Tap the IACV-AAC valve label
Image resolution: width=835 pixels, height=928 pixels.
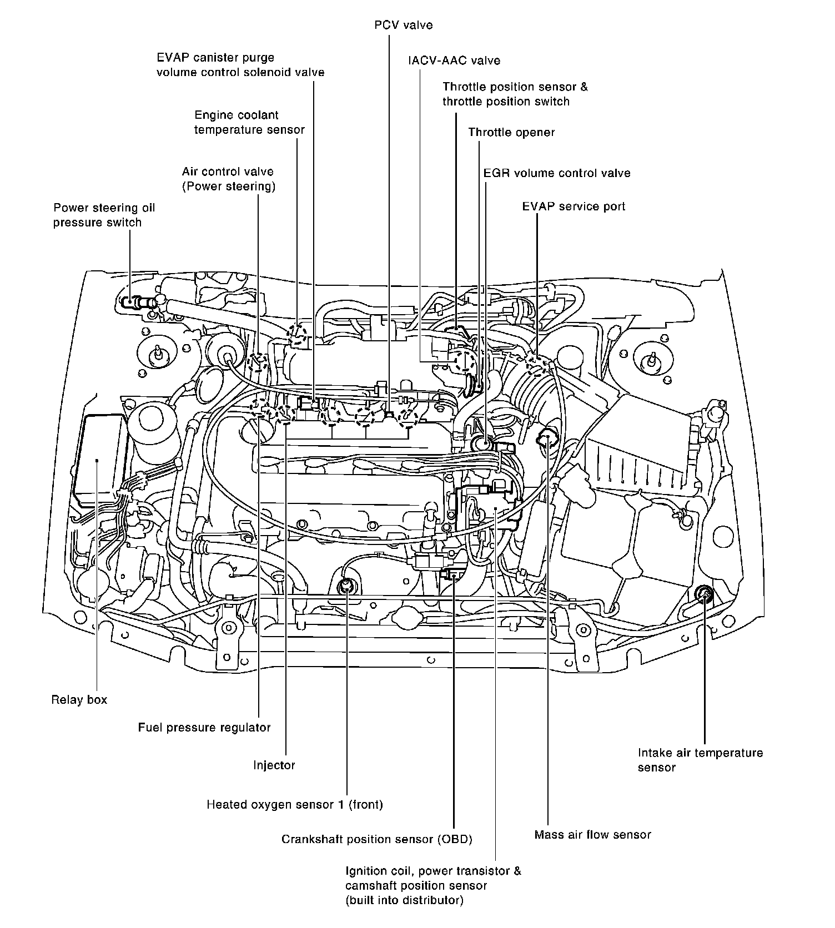[x=454, y=60]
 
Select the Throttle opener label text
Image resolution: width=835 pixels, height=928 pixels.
[x=511, y=132]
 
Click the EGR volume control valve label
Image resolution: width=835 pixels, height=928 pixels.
[x=557, y=173]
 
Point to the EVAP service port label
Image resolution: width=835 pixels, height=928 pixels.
[x=574, y=206]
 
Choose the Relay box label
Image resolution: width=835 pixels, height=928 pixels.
[x=79, y=699]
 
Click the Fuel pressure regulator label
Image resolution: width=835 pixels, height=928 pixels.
[x=204, y=727]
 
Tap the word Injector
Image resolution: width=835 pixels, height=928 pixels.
[x=274, y=765]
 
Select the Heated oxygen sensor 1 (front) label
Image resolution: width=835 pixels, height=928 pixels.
[x=295, y=804]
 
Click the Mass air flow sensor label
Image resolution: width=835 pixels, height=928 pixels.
[x=592, y=835]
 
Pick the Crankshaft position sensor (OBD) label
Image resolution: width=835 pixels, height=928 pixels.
[x=376, y=839]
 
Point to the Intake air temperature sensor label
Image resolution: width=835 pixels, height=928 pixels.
[x=700, y=760]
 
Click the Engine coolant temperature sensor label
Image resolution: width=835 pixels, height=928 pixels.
[x=249, y=122]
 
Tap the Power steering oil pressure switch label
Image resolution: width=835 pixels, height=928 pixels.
[x=104, y=215]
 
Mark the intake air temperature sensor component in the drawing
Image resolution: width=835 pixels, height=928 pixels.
[x=705, y=594]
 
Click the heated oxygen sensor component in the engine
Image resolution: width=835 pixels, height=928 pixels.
[x=346, y=584]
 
